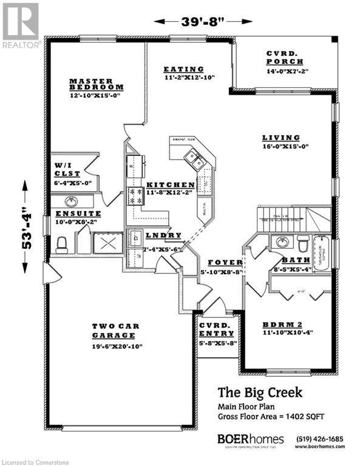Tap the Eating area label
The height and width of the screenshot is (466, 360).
point(183,69)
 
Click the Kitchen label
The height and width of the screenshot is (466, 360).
point(171,184)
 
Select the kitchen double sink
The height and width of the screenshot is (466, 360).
point(195,159)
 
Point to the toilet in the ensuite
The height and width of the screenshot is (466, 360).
point(61,244)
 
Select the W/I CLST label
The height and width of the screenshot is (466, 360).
point(64,169)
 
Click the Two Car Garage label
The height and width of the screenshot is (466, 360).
point(115,331)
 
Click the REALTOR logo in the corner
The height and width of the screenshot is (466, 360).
point(21,24)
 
